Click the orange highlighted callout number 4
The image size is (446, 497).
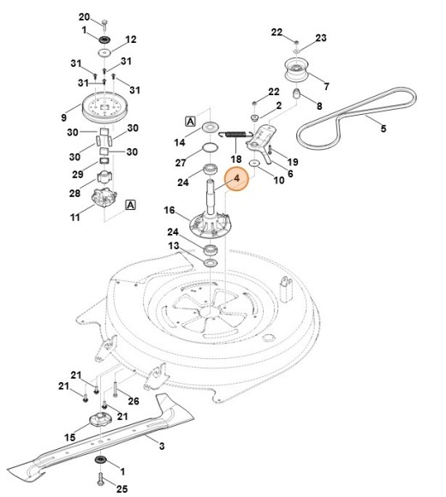(237, 178)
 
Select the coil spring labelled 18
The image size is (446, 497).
(234, 135)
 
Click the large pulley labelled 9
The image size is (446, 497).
(102, 106)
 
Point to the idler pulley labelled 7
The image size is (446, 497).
(296, 69)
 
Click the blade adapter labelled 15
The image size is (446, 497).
(100, 420)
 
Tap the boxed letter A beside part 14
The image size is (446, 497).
(190, 121)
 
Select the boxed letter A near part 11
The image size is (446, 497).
(130, 205)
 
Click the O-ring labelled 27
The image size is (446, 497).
(211, 147)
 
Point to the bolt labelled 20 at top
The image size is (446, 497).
(104, 23)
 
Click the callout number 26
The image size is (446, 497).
(134, 401)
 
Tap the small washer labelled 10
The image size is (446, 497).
(254, 163)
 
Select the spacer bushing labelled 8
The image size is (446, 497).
(296, 94)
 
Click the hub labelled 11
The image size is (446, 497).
(104, 197)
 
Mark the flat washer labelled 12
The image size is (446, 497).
(104, 52)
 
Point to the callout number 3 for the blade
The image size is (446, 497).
(162, 446)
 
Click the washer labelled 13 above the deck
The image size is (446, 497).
(211, 262)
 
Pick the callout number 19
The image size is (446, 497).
(293, 162)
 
